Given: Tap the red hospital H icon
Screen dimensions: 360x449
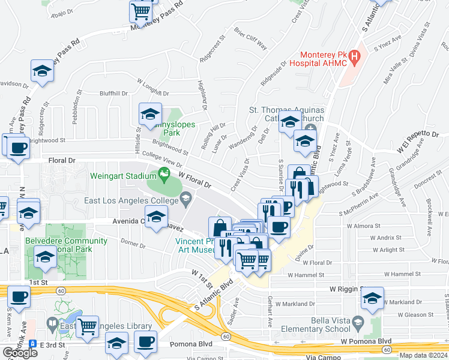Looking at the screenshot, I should pyautogui.click(x=355, y=58).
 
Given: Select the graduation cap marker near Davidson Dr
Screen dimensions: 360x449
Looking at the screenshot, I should pyautogui.click(x=43, y=71).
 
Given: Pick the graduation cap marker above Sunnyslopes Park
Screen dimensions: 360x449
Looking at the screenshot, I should pyautogui.click(x=150, y=113).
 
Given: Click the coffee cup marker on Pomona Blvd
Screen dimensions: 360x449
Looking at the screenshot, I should pyautogui.click(x=145, y=342).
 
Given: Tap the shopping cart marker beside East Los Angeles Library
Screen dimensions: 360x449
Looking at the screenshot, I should pyautogui.click(x=88, y=327).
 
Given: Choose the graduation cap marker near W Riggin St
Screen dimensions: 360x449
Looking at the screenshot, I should pyautogui.click(x=373, y=298).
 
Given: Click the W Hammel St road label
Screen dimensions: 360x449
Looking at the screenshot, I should pyautogui.click(x=306, y=274).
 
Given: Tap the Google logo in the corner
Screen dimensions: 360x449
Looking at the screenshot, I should pyautogui.click(x=20, y=353).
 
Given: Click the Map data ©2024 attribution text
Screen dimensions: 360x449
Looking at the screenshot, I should pyautogui.click(x=423, y=355).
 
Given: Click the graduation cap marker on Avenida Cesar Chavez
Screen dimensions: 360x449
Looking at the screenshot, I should pyautogui.click(x=156, y=217).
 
